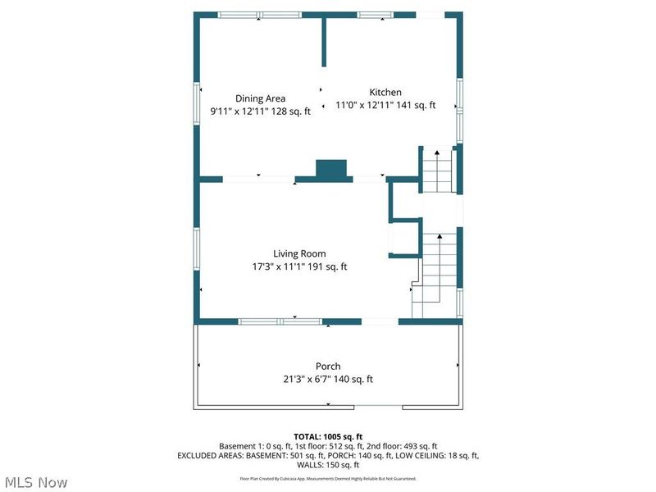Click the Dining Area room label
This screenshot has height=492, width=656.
260,98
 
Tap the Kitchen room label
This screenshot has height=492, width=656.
385,93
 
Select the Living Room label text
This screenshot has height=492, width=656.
299,253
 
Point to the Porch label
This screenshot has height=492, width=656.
328,366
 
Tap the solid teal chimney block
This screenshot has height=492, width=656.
332,170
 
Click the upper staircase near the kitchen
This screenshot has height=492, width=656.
437,172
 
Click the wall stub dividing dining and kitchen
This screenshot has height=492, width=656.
324,41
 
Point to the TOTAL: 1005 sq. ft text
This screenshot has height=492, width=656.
328,436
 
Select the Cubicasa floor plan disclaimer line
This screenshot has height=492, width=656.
328,478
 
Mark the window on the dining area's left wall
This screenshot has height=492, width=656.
196,103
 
